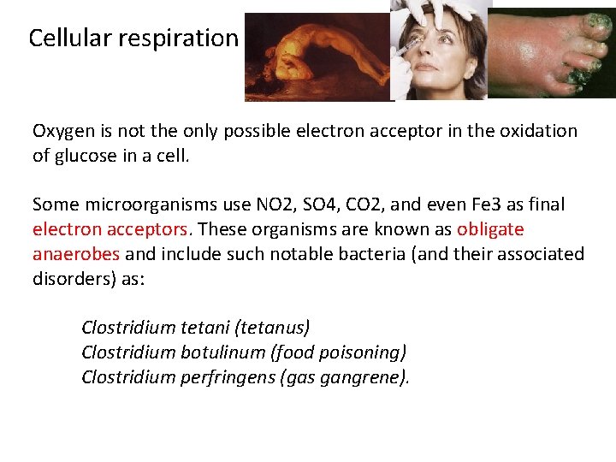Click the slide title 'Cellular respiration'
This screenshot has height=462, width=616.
point(133,38)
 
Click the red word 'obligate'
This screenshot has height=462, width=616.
point(490,229)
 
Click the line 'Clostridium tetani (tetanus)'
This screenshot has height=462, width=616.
point(195,327)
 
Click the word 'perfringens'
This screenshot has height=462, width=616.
point(228,376)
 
